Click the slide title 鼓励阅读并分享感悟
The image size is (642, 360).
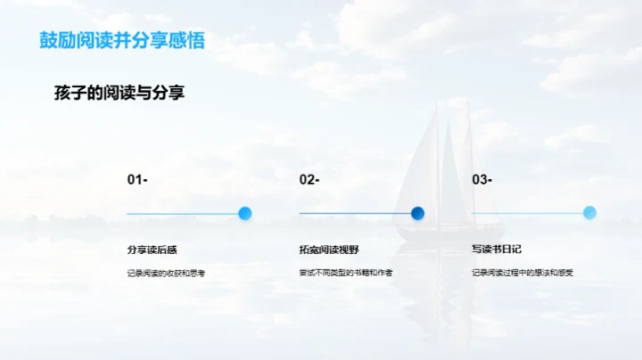(128, 41)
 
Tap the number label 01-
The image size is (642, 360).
(137, 180)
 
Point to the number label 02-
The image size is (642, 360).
(309, 180)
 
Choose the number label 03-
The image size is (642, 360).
(481, 180)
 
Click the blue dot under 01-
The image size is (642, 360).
(245, 213)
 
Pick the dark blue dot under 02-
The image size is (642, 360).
(417, 213)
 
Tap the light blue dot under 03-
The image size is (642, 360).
(589, 213)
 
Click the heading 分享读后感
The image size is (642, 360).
(145, 250)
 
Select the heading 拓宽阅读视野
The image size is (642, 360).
(322, 250)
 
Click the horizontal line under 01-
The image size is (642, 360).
(182, 214)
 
